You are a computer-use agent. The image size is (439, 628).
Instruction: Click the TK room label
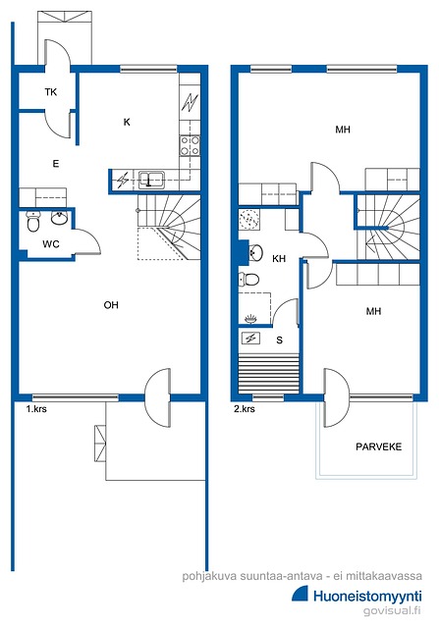tap(50, 92)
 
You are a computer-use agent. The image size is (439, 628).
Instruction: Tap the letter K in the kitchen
tap(127, 122)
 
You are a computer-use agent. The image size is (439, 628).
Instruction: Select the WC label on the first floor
tap(51, 243)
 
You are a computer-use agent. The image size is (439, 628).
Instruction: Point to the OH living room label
tap(111, 305)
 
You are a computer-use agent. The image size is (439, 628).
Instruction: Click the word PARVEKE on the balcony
tap(378, 446)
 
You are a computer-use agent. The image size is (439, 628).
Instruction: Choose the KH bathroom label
tap(279, 259)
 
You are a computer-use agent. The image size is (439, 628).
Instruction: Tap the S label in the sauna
tap(280, 340)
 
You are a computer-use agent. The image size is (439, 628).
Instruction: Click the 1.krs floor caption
tap(36, 409)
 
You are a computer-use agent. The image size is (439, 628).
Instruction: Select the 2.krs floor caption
tap(245, 409)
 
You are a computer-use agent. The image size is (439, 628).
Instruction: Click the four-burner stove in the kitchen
tap(190, 145)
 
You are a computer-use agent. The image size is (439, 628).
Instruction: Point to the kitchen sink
tap(151, 180)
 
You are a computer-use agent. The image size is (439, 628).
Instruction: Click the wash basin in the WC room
tap(60, 218)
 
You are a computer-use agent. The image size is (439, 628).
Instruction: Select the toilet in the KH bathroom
tap(248, 279)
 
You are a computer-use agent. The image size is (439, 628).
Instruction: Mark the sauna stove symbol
tap(251, 339)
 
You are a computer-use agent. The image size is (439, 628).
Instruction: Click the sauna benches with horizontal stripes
tap(269, 373)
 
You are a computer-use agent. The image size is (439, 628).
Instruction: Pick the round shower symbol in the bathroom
tap(249, 219)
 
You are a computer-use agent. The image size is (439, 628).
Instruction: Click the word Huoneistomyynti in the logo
tap(367, 597)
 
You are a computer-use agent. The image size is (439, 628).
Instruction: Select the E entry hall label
tap(56, 164)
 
